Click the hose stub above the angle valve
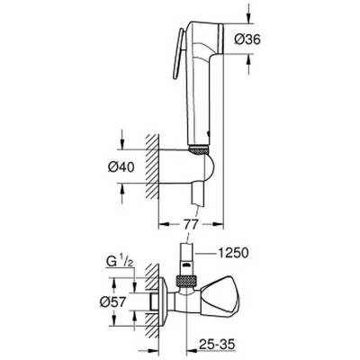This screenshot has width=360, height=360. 184,254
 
